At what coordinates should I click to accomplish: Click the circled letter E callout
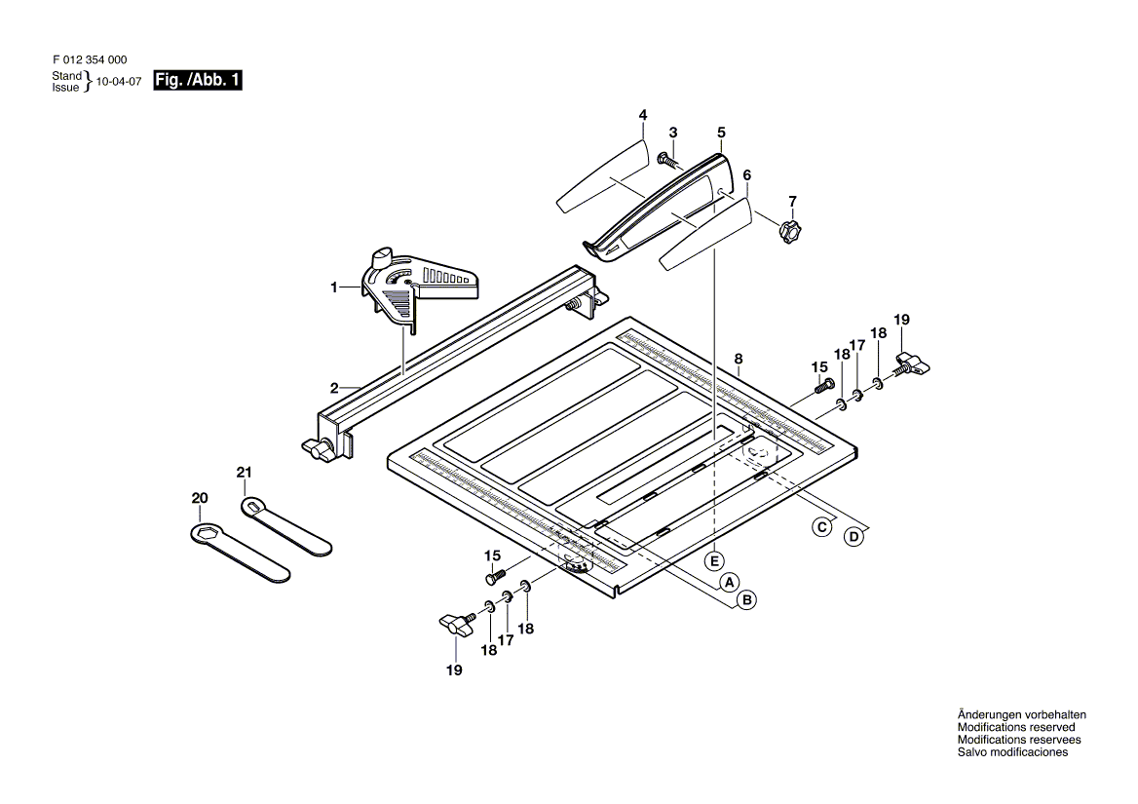pyautogui.click(x=714, y=560)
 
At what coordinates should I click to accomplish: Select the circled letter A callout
pyautogui.click(x=727, y=583)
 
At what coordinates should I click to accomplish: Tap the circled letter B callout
pyautogui.click(x=746, y=600)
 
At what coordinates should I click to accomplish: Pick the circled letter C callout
pyautogui.click(x=822, y=527)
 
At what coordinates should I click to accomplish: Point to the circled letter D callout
pyautogui.click(x=853, y=536)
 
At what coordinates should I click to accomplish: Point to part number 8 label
pyautogui.click(x=739, y=358)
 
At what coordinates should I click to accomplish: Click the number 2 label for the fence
pyautogui.click(x=334, y=388)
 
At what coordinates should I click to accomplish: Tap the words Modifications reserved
pyautogui.click(x=1016, y=727)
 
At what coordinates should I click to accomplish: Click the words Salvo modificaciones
pyautogui.click(x=1012, y=752)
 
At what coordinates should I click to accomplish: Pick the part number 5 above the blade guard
pyautogui.click(x=721, y=132)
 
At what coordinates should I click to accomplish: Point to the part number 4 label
pyautogui.click(x=643, y=115)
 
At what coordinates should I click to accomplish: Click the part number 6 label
pyautogui.click(x=747, y=175)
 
